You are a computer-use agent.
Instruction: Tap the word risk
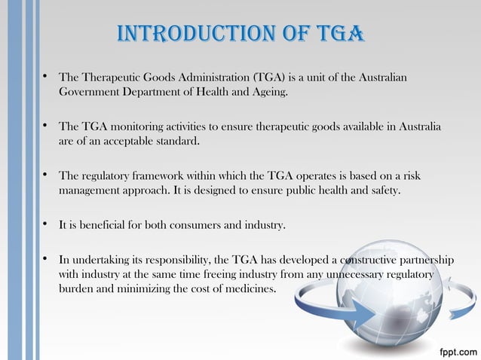click(413, 175)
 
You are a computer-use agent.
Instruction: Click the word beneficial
click(103, 224)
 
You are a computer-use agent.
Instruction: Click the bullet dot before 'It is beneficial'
click(46, 224)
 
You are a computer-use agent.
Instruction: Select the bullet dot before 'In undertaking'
click(46, 260)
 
